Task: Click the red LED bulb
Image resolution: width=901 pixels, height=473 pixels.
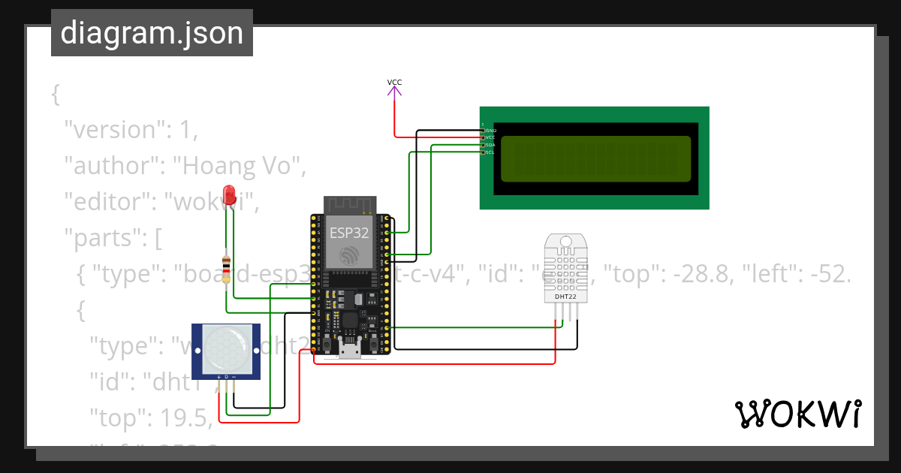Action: pyautogui.click(x=229, y=193)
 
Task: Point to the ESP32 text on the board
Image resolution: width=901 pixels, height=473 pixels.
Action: pyautogui.click(x=349, y=233)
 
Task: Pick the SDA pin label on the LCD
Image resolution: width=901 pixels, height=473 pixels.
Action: pyautogui.click(x=490, y=145)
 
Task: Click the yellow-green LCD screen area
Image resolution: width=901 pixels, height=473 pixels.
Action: pyautogui.click(x=595, y=158)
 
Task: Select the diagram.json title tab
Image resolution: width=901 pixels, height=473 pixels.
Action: pyautogui.click(x=152, y=33)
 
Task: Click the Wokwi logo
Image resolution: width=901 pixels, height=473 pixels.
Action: pyautogui.click(x=797, y=414)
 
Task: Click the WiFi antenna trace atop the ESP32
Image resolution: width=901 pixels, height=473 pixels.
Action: pyautogui.click(x=349, y=204)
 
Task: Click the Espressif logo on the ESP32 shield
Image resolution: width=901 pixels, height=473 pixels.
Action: pyautogui.click(x=349, y=255)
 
